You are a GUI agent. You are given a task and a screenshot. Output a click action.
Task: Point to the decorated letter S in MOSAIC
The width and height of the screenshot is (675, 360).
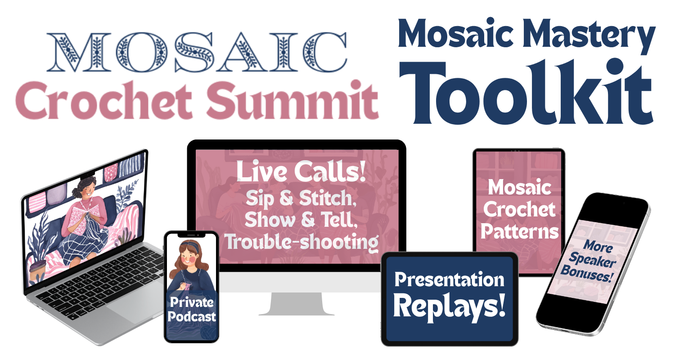pos(194,52)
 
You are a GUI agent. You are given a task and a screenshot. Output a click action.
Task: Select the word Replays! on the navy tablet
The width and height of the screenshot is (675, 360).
pos(449,307)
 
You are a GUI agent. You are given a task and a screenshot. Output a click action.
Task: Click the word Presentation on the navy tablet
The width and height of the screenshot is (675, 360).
pos(449,280)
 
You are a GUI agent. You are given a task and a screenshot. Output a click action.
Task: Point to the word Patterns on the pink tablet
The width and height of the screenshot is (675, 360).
pos(519,232)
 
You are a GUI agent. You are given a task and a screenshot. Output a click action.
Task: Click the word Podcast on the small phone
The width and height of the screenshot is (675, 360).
pos(192,317)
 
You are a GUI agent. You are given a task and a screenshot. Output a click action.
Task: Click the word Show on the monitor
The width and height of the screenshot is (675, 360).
pos(270,220)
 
